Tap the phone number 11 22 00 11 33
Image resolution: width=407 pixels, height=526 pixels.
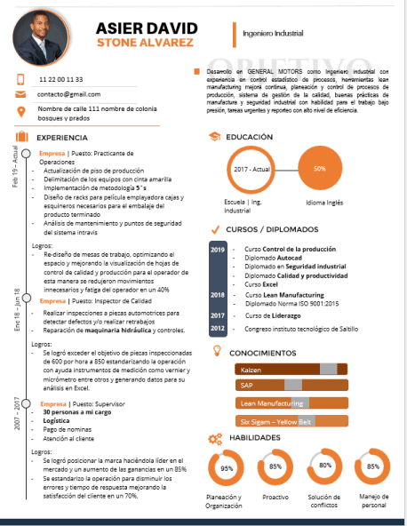(x=60, y=79)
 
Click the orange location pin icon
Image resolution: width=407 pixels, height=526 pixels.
(x=20, y=110)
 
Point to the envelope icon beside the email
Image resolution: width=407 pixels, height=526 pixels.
(x=20, y=93)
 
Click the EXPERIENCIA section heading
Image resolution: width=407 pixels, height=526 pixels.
(x=61, y=138)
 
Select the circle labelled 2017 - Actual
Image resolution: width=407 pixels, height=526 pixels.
(x=251, y=168)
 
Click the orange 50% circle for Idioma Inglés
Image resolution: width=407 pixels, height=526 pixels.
(x=319, y=168)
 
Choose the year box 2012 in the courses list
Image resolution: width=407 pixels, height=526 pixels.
(x=218, y=328)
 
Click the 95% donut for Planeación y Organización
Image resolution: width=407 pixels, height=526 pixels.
(x=227, y=467)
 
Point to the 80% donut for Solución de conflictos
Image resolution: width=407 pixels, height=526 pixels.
(x=325, y=466)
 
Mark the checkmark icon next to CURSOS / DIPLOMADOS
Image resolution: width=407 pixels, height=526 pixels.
(x=214, y=230)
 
